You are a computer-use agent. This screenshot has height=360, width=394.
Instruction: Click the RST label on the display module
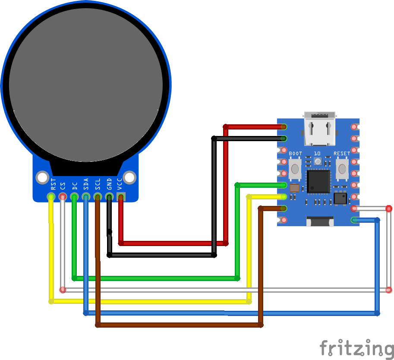pos(54,184)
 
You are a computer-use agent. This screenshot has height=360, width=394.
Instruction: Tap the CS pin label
pos(63,186)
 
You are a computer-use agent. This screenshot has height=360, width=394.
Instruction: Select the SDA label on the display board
pos(86,184)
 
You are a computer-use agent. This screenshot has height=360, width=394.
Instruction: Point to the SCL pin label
pos(98,184)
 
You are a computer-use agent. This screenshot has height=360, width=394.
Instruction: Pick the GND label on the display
pos(109,184)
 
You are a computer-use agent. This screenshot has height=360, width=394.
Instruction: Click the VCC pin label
pos(120,184)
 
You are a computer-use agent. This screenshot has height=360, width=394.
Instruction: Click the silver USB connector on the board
pos(319,129)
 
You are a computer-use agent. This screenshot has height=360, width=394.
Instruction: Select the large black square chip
pos(318,181)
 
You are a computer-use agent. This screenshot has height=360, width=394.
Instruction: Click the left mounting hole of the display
pos(42,177)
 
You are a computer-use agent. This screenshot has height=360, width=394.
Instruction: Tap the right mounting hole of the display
pos(129,177)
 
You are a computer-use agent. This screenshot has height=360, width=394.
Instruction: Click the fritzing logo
pos(356,348)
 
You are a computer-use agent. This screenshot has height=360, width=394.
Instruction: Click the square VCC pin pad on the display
pos(121,197)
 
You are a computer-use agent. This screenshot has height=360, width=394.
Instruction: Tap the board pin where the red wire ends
pos(284,127)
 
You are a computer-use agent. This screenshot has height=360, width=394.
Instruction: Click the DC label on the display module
pos(75,186)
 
